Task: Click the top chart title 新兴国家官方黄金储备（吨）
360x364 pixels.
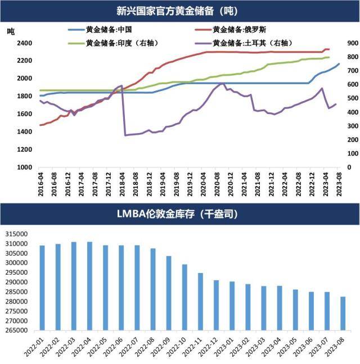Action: (179, 10)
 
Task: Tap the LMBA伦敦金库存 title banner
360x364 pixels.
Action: (179, 214)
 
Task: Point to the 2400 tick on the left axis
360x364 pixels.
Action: (24, 43)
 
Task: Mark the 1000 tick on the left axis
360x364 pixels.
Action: (24, 167)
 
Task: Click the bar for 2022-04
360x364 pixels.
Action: (89, 286)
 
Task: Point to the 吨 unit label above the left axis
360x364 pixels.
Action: (11, 31)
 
